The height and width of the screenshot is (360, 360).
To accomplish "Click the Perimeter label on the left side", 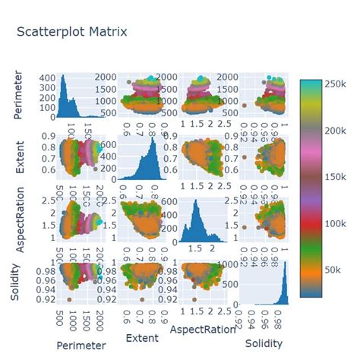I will pyautogui.click(x=17, y=96).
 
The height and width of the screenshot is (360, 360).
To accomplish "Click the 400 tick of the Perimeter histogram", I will pyautogui.click(x=47, y=78).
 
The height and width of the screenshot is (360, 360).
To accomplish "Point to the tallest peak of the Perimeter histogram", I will pyautogui.click(x=64, y=79).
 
